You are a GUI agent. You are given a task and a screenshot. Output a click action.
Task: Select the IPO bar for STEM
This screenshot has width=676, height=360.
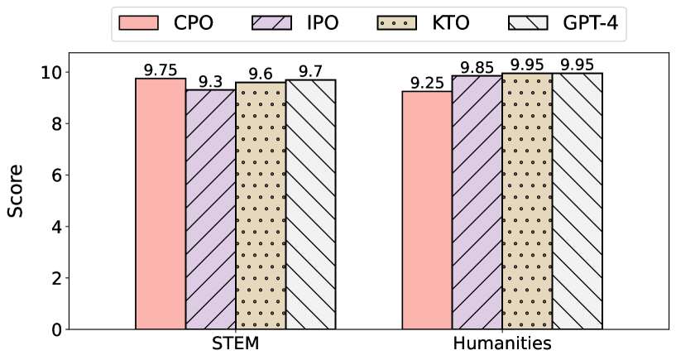(210, 209)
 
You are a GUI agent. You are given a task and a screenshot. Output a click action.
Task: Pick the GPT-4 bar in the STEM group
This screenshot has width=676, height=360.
(310, 204)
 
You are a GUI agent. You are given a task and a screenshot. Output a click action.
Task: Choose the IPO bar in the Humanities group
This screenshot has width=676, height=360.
(477, 203)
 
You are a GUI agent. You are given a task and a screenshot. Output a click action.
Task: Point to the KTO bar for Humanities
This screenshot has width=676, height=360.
(527, 201)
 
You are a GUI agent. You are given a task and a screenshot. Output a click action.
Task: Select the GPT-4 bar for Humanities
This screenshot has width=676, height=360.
(577, 201)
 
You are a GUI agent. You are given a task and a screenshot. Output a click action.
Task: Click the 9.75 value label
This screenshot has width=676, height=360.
(161, 70)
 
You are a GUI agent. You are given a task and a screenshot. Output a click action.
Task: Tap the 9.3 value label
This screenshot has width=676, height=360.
(210, 82)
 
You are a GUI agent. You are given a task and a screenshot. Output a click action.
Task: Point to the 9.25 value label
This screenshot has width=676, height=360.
(427, 83)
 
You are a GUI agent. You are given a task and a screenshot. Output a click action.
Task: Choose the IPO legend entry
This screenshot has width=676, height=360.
(294, 22)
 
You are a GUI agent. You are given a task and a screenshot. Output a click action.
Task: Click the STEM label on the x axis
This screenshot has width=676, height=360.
(235, 343)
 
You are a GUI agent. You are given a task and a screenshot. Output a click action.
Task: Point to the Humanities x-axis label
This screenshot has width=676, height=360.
(502, 343)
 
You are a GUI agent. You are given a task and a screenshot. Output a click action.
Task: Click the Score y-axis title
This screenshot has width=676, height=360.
(16, 190)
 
